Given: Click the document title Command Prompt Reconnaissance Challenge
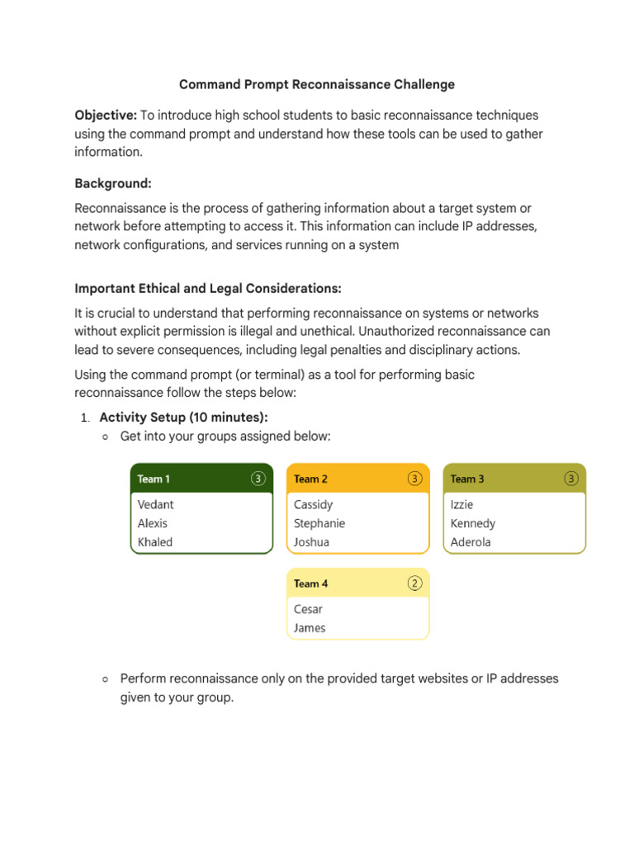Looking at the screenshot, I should click(x=317, y=84).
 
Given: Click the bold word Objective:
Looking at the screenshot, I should click(x=106, y=116).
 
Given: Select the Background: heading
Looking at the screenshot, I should click(x=112, y=184).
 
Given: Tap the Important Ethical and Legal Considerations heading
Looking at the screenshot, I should click(x=207, y=288).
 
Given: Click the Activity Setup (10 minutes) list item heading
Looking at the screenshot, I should click(x=183, y=418).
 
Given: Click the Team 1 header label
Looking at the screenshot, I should click(x=154, y=479).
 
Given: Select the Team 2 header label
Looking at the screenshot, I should click(x=310, y=479).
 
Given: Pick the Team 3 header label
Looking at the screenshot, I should click(x=467, y=479).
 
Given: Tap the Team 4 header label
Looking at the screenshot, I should click(x=310, y=583).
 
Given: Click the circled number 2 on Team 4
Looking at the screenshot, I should click(x=415, y=583).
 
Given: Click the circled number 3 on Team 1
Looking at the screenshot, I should click(x=258, y=479).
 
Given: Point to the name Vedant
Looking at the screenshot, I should click(x=155, y=504).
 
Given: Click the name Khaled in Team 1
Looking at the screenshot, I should click(x=154, y=542).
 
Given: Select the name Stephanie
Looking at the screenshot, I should click(x=319, y=523).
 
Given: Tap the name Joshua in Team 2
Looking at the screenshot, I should click(x=311, y=542).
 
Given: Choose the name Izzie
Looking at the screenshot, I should click(x=461, y=504).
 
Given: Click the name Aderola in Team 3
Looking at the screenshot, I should click(x=471, y=542).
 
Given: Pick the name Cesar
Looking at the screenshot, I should click(x=308, y=609).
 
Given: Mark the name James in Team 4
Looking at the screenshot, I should click(x=310, y=628).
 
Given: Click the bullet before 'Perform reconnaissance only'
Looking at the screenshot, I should click(x=105, y=679).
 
